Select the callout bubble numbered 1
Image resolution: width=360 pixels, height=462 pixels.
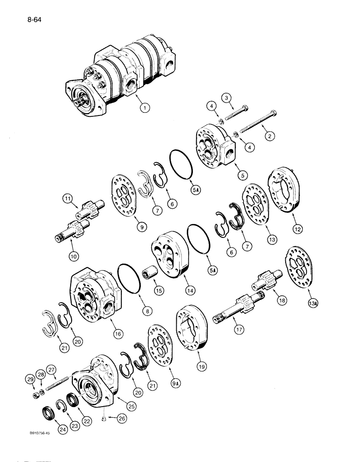click(146, 109)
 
